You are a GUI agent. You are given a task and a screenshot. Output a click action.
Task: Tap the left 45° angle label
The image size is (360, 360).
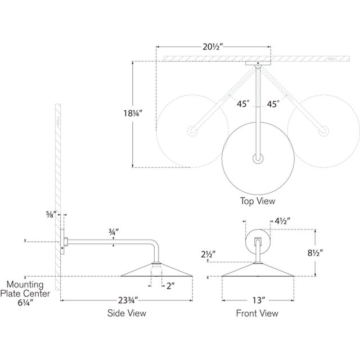pos(242,103)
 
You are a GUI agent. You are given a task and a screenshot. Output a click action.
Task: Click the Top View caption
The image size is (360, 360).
pos(258,200)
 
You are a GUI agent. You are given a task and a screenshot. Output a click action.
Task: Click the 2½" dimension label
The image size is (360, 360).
pos(208,254)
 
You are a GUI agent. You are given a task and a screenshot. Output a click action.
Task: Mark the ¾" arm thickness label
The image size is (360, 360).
pos(114,231)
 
